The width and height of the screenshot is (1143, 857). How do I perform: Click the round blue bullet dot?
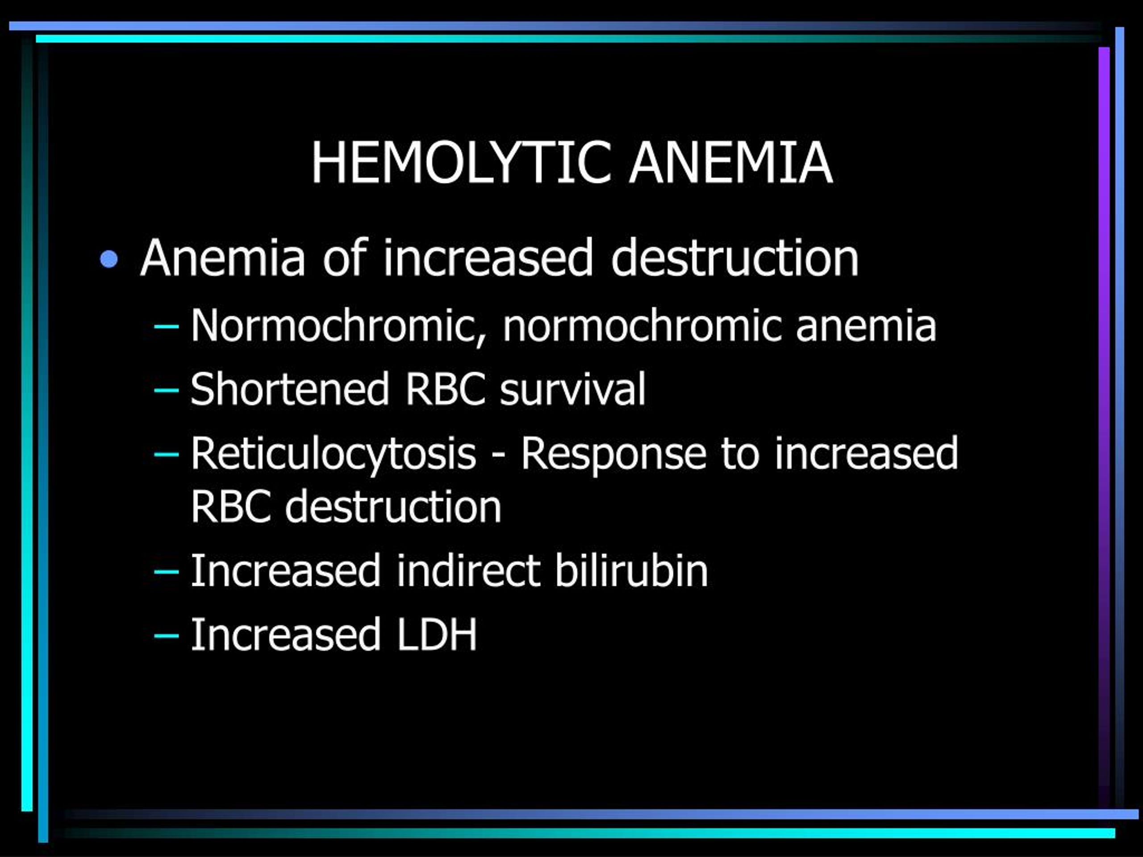tap(109, 259)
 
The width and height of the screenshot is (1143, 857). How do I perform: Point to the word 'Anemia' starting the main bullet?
tap(223, 258)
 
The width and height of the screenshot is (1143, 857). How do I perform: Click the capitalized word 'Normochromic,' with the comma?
tap(339, 326)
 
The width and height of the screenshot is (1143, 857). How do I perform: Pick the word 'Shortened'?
tap(290, 388)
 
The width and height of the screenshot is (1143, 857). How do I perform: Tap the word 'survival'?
tap(572, 388)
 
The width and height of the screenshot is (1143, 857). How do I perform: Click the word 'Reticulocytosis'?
tap(333, 453)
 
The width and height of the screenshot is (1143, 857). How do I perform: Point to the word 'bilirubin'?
tap(631, 570)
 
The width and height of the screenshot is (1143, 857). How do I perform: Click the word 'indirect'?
tap(469, 570)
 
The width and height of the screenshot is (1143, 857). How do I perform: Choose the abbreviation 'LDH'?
tap(437, 634)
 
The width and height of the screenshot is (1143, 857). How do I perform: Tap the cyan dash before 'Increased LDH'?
tap(167, 636)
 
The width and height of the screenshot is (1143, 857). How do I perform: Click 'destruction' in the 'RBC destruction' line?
tap(393, 506)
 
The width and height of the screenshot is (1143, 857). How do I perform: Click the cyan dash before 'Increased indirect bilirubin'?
tap(167, 571)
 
